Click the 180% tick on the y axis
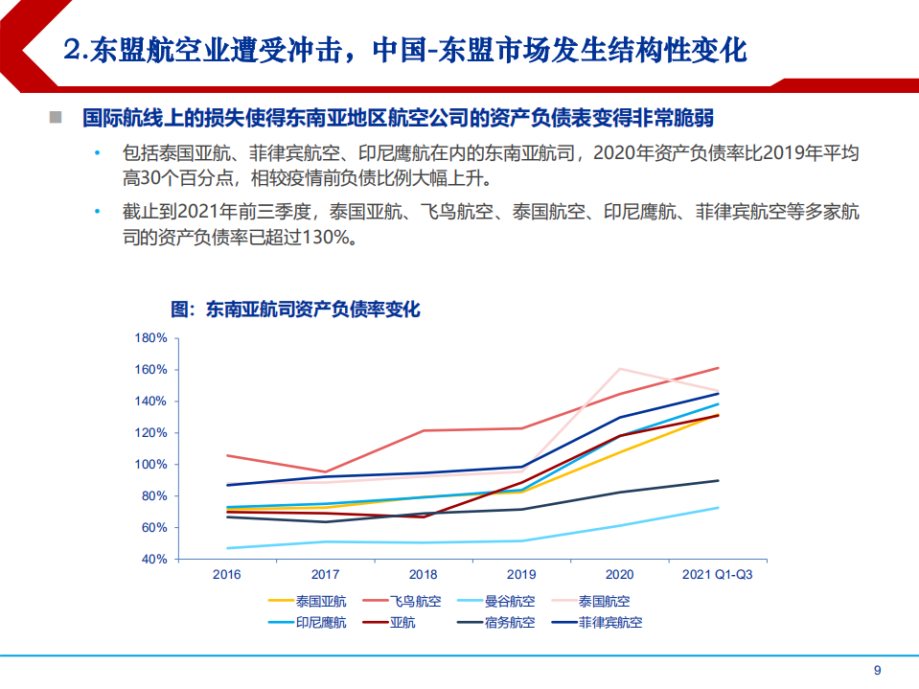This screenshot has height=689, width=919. point(153,338)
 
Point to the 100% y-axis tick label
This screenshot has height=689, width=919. point(153,465)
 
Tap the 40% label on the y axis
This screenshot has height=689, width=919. point(156,559)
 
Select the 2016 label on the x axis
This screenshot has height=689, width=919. point(227,575)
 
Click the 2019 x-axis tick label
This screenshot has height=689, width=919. point(522,575)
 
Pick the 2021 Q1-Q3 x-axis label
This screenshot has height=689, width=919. point(718,575)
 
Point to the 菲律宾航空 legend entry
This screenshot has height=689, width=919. point(609,623)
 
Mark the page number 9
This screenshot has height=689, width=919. point(876,671)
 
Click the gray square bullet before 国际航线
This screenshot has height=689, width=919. point(56,118)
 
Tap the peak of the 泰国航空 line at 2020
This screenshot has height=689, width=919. point(620,369)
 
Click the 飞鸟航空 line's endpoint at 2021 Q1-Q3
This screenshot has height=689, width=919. point(719,368)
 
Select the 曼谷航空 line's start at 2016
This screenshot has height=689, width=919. point(227,548)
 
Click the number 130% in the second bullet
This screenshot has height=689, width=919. point(329,238)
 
